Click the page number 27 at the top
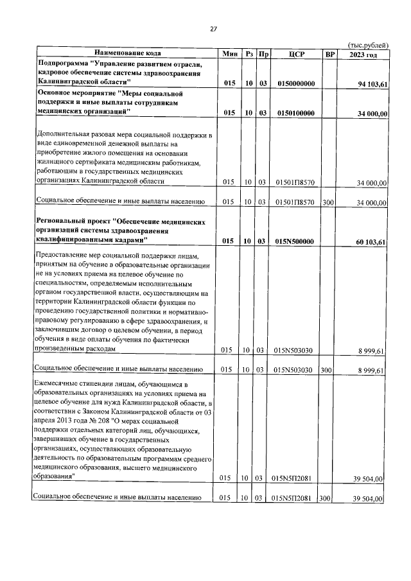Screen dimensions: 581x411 click(x=214, y=28)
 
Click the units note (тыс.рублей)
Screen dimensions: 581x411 click(x=367, y=45)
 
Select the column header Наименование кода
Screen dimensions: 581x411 click(x=128, y=53)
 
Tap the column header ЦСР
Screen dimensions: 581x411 click(x=295, y=54)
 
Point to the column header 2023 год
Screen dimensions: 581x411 click(x=363, y=54)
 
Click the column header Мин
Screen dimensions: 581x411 click(x=229, y=54)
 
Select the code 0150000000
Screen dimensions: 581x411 click(x=296, y=83)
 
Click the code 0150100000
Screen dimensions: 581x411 click(x=296, y=113)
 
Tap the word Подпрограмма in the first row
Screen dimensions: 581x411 click(x=63, y=65)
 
